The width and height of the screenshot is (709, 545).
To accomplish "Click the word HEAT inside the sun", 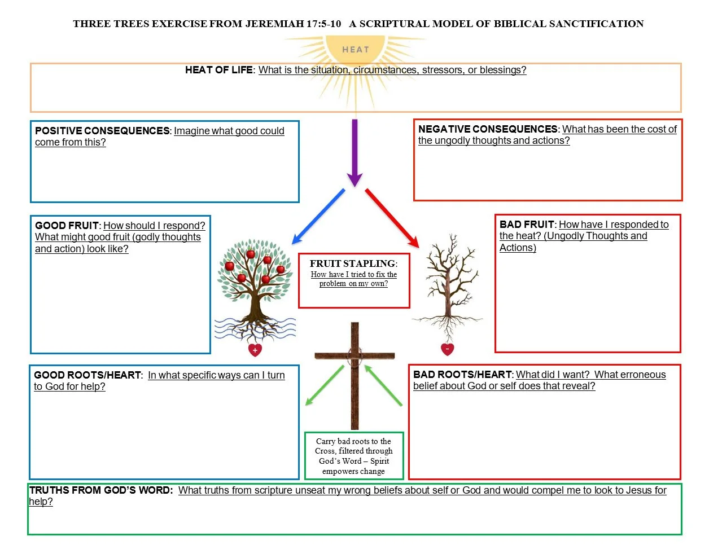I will click(355, 50).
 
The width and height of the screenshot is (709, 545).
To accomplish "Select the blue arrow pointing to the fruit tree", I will click(318, 217).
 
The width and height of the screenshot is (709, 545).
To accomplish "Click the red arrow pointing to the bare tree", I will click(392, 218).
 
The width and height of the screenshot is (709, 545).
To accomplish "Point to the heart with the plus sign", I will click(255, 350).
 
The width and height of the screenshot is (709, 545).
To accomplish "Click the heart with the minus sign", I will click(447, 349).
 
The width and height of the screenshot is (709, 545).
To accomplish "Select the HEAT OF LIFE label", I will click(219, 70).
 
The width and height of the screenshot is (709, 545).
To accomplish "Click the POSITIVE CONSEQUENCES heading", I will click(102, 131).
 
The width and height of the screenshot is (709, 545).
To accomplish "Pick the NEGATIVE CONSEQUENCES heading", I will click(488, 129).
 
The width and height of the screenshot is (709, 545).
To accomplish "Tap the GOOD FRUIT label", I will click(67, 226).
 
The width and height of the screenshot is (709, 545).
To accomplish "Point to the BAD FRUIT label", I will click(527, 225).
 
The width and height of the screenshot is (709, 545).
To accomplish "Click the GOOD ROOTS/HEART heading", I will click(87, 375).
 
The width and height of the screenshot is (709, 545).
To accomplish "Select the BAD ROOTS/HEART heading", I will click(462, 375).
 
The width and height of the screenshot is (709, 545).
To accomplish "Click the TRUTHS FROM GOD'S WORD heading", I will click(101, 490).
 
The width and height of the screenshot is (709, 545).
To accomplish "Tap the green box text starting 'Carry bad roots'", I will click(354, 456).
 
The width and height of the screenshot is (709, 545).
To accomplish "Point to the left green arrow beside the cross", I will click(324, 386).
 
